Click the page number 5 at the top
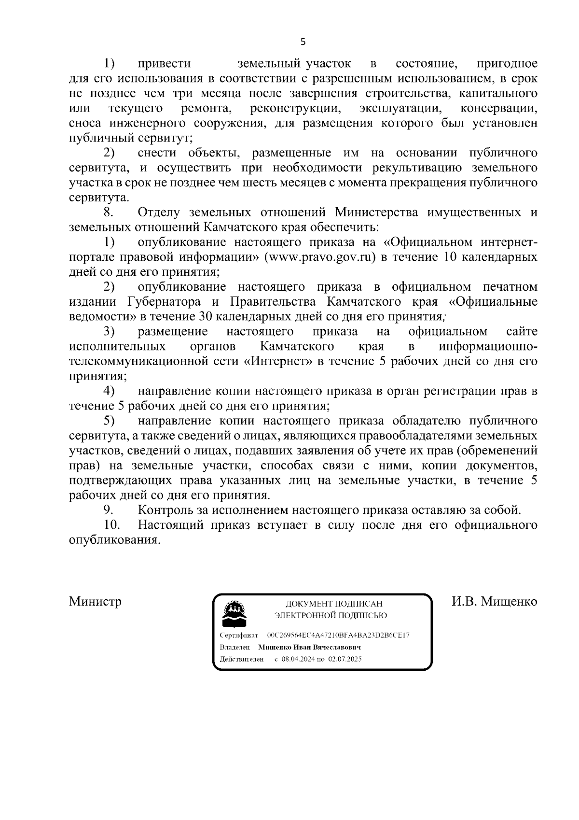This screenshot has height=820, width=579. [303, 42]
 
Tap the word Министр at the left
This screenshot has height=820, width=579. [95, 601]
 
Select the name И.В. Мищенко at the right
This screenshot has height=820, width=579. [494, 601]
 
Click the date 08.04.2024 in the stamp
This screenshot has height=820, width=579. [299, 659]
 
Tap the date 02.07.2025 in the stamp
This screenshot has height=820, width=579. [345, 659]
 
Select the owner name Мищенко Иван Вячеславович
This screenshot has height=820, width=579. [310, 647]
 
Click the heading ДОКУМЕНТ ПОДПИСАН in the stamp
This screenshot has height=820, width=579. [333, 604]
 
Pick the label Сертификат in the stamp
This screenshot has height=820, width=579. [239, 635]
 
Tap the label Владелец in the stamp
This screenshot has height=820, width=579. [235, 647]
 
